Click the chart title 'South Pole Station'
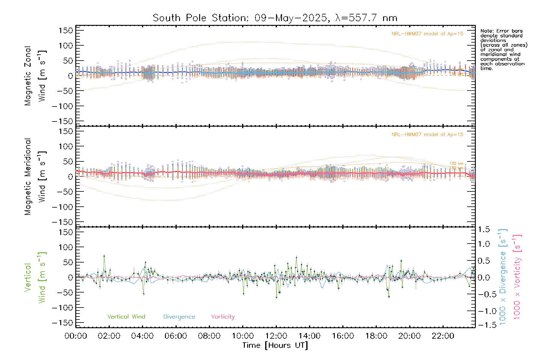[200, 18]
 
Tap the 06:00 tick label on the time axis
[176, 336]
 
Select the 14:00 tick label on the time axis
[309, 336]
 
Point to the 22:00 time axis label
[443, 336]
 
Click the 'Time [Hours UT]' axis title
[275, 346]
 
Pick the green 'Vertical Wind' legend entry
[126, 317]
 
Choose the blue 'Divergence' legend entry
[179, 317]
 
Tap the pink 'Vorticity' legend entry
[223, 317]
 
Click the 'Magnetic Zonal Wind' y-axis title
[35, 76]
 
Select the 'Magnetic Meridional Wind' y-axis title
[35, 177]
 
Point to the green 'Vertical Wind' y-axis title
[35, 277]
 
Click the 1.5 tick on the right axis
[484, 229]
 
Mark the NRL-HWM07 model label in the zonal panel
[427, 34]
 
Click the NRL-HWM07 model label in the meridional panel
[427, 135]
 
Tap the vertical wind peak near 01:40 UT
[104, 256]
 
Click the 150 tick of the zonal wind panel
[66, 31]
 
